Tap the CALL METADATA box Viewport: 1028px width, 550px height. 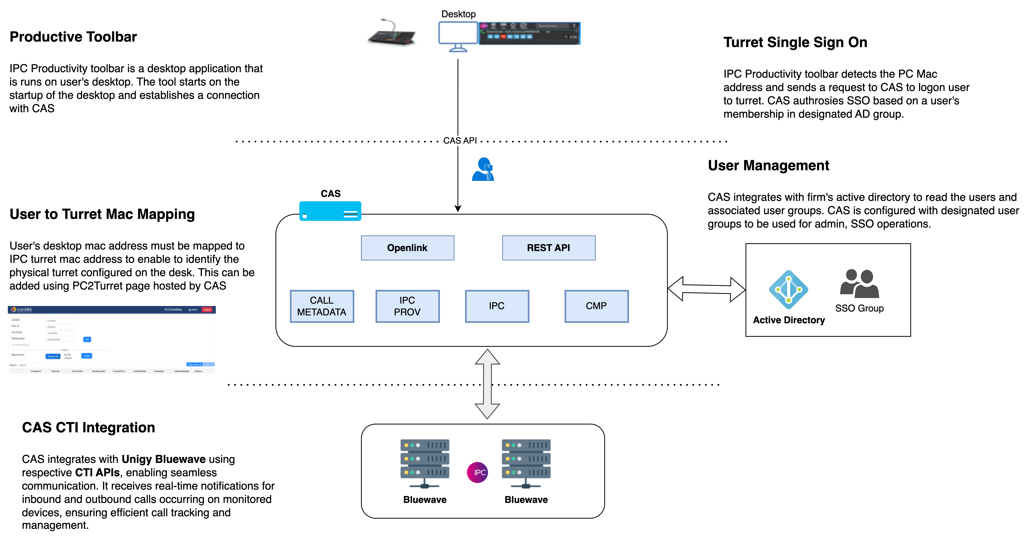(x=322, y=306)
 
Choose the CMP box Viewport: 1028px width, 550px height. (x=596, y=306)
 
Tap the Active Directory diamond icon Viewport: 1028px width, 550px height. (x=789, y=289)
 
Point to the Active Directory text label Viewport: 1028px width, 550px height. (x=789, y=320)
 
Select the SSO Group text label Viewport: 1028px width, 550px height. (x=859, y=308)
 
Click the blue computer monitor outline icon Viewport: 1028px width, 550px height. (x=458, y=36)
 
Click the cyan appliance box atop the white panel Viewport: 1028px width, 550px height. (x=330, y=211)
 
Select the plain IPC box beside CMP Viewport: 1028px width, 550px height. (x=497, y=306)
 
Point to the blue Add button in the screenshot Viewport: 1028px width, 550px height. (x=87, y=339)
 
